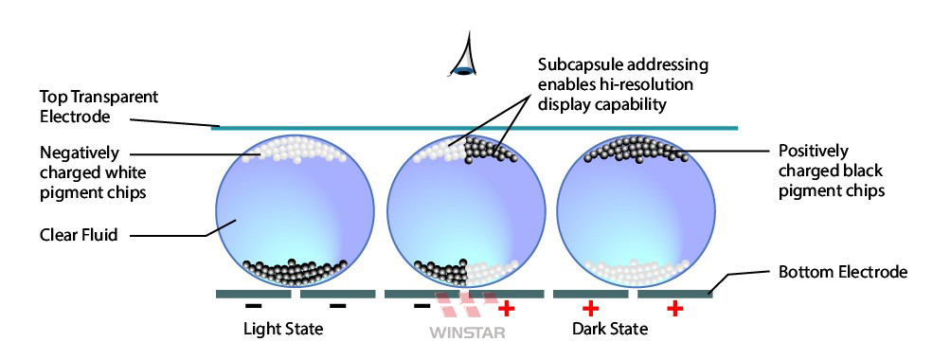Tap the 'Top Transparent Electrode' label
pyautogui.click(x=99, y=106)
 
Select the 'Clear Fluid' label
pyautogui.click(x=79, y=234)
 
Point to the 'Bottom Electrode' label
pyautogui.click(x=843, y=273)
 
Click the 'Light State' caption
pyautogui.click(x=283, y=329)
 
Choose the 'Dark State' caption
pyautogui.click(x=610, y=329)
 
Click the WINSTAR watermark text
pyautogui.click(x=467, y=332)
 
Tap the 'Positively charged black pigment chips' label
pyautogui.click(x=831, y=171)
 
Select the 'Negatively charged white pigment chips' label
pyautogui.click(x=93, y=173)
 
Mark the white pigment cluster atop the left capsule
pyautogui.click(x=295, y=149)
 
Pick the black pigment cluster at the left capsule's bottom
pyautogui.click(x=295, y=273)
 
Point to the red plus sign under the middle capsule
pyautogui.click(x=506, y=308)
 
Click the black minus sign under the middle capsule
pyautogui.click(x=422, y=306)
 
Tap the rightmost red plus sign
pyautogui.click(x=674, y=308)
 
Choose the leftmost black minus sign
pyautogui.click(x=253, y=306)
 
